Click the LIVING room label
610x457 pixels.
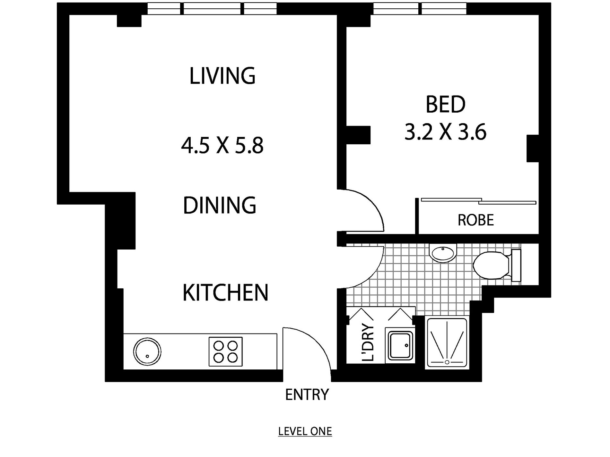[222, 76]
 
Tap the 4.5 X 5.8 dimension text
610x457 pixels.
[222, 145]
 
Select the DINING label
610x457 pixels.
[220, 205]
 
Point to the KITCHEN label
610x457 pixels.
[225, 292]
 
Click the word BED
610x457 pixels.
[446, 105]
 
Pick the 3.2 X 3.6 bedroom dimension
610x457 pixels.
[445, 132]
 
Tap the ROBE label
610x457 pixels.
[476, 220]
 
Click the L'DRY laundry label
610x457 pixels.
[368, 343]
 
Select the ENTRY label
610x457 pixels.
[307, 394]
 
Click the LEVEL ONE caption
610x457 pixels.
[305, 431]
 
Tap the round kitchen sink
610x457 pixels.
[147, 351]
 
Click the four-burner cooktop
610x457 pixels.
[225, 351]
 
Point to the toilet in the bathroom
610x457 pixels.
[497, 265]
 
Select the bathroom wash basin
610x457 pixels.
[443, 252]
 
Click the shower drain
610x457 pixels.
[447, 362]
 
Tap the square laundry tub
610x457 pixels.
[400, 346]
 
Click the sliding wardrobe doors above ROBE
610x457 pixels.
[478, 201]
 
